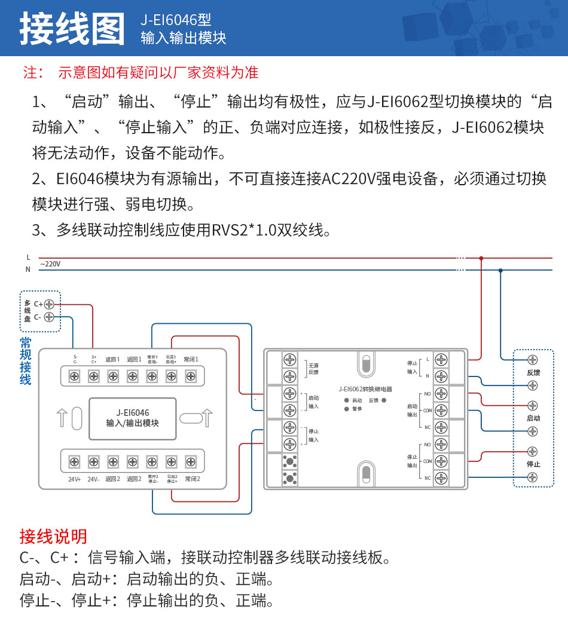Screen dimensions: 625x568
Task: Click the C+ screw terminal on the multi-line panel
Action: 49,304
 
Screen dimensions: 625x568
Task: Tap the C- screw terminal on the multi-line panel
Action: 49,317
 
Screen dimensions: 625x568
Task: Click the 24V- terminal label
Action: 93,479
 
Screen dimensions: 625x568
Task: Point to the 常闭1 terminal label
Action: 191,360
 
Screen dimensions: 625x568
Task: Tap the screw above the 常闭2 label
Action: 191,461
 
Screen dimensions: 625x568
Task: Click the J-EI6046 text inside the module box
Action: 133,412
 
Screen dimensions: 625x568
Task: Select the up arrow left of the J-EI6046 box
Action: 60,418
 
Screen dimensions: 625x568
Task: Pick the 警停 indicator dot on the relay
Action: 346,409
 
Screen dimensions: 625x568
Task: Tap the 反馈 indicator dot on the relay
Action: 384,400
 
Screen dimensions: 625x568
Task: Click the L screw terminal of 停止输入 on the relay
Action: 441,360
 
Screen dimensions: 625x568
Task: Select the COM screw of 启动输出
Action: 441,410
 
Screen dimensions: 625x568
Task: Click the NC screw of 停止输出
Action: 441,477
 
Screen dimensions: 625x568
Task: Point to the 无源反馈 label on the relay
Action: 313,368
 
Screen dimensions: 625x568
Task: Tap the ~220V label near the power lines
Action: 50,264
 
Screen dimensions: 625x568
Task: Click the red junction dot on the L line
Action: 481,259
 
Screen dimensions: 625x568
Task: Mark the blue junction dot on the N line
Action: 500,270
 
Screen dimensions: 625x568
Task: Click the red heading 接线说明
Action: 53,536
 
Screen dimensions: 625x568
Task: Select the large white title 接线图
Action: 72,28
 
